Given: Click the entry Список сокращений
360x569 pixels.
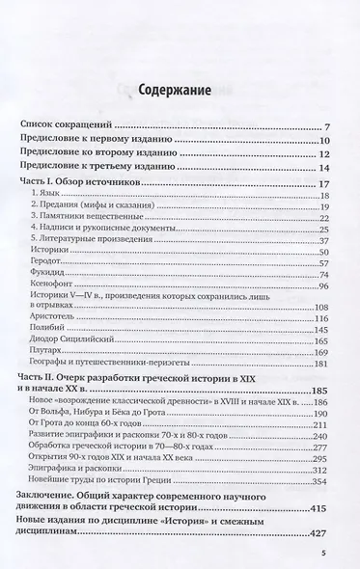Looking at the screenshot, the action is (x=69, y=126).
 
